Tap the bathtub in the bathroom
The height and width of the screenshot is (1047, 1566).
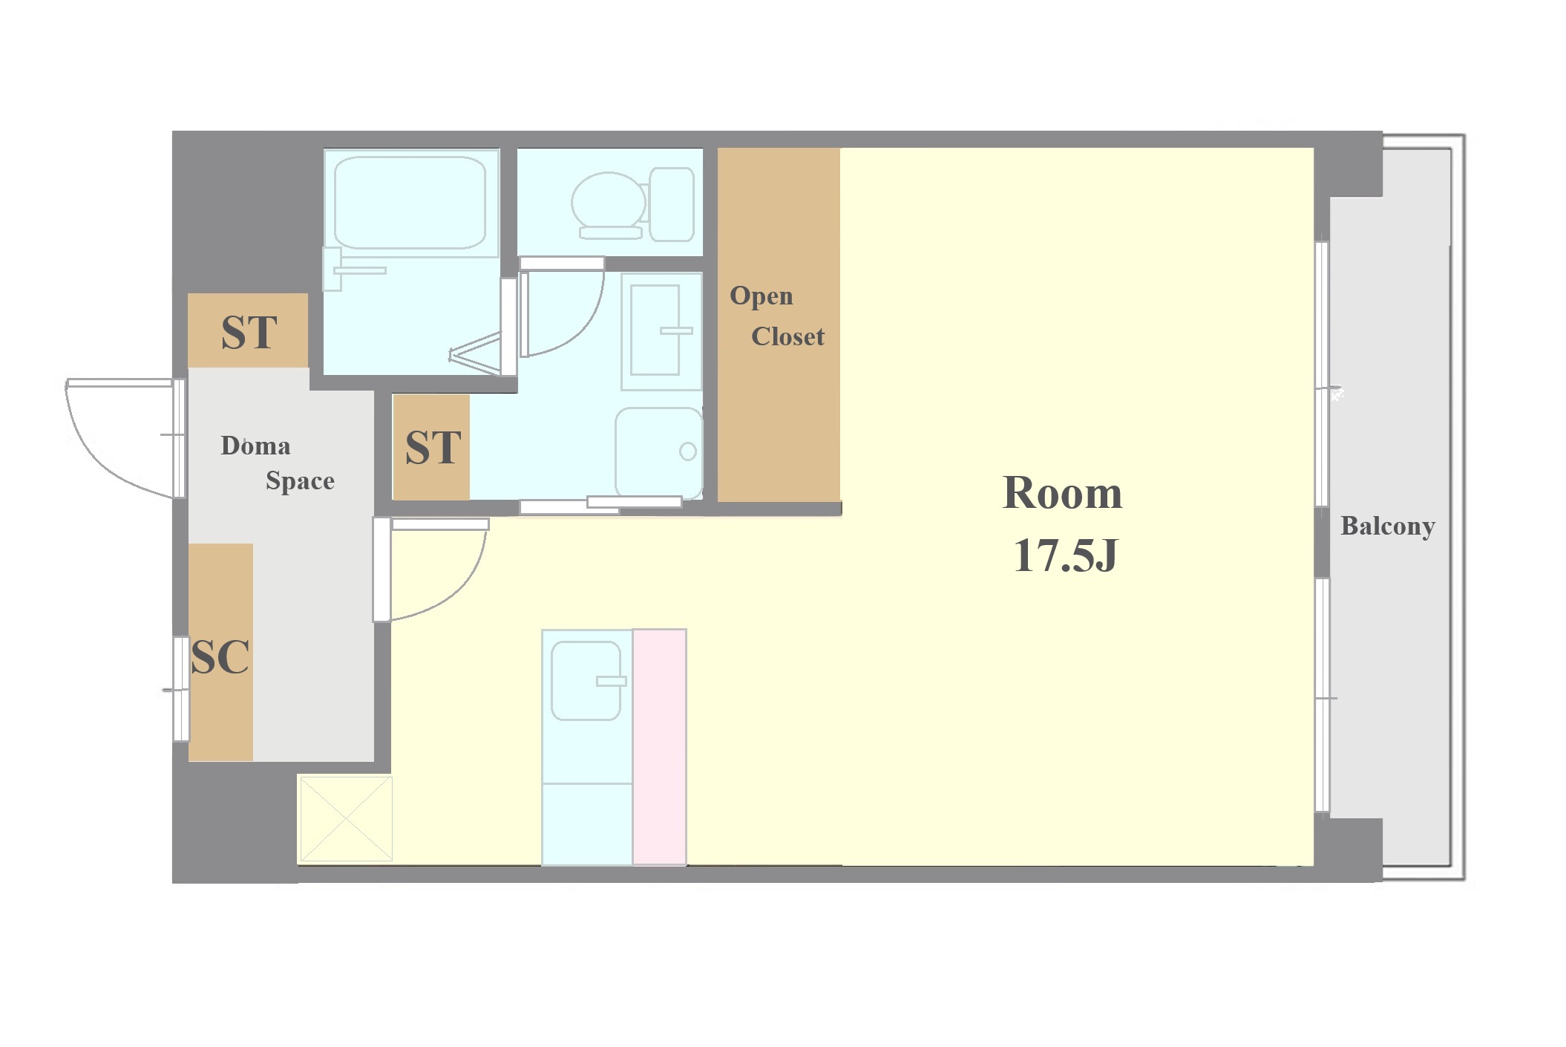click(410, 202)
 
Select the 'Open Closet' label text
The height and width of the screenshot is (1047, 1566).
click(777, 316)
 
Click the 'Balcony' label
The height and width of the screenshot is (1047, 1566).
click(1387, 526)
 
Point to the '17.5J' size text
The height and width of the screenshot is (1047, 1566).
click(1065, 555)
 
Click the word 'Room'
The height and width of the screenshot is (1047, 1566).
click(1062, 492)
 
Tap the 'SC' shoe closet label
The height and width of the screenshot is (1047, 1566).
click(220, 656)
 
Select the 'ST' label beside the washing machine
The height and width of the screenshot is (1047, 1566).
click(433, 447)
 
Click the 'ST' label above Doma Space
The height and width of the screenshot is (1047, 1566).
click(249, 332)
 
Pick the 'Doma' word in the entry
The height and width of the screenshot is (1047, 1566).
click(255, 446)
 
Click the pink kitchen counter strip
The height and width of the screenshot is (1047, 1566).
click(659, 746)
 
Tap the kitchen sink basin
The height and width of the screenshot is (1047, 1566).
click(586, 681)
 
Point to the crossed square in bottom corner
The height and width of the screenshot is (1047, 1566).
click(345, 819)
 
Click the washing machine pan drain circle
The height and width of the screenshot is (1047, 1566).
click(688, 451)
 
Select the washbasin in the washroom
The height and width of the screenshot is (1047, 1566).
click(655, 330)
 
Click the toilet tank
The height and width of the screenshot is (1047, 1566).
click(672, 204)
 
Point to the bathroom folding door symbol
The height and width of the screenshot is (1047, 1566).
click(474, 354)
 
